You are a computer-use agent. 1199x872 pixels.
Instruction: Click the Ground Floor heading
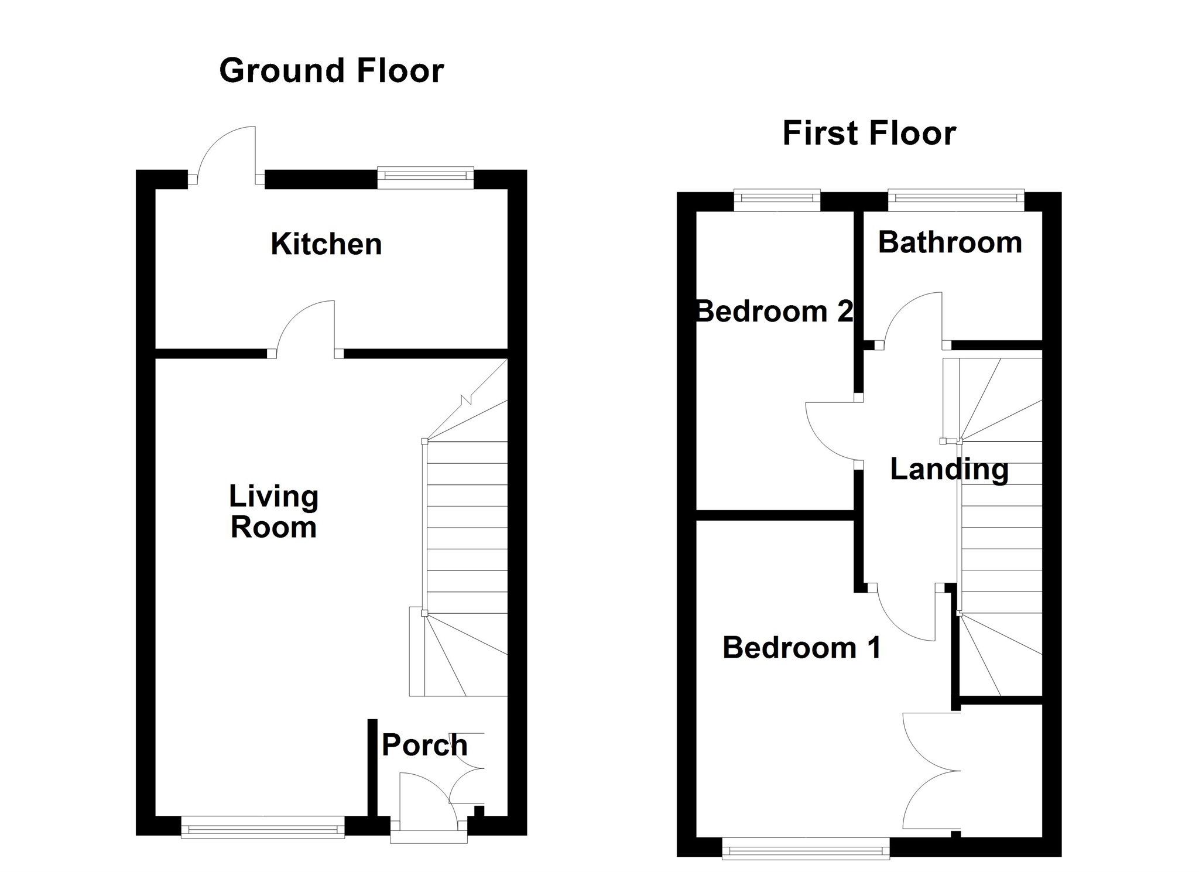331,71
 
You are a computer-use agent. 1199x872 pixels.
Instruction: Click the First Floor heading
869,133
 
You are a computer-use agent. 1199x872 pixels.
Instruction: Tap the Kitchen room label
326,244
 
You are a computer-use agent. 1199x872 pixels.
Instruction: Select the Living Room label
273,511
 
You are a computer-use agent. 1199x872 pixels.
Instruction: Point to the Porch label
424,745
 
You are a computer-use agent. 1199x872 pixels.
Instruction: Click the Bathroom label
950,242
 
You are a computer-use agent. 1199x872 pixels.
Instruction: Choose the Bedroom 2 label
774,311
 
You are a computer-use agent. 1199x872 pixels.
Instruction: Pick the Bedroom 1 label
801,648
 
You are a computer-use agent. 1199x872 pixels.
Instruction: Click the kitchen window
426,177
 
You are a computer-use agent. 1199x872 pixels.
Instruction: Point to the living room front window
263,827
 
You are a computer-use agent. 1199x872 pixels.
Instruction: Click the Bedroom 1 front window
806,848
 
